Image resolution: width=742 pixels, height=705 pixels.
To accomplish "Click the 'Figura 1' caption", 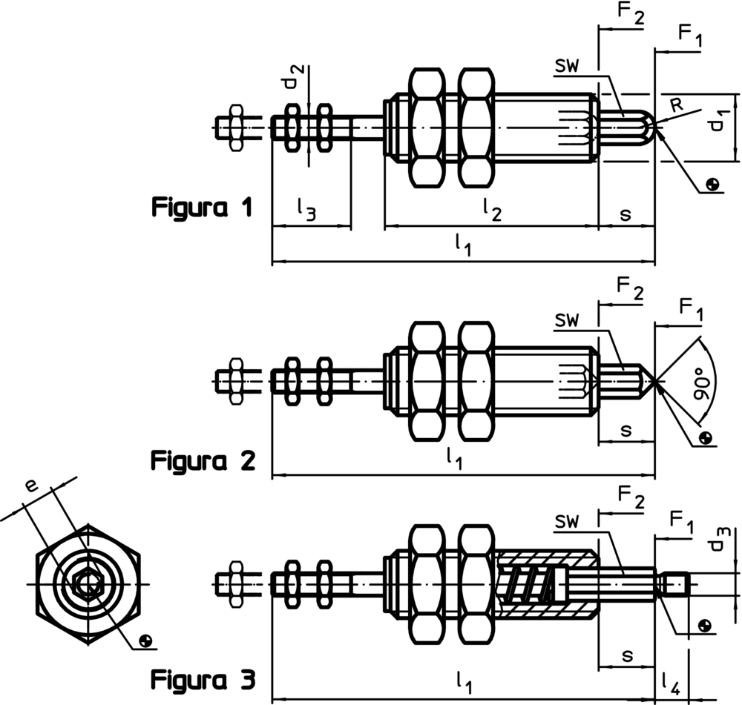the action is [202, 208].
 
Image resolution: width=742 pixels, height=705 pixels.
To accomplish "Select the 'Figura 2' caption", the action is [203, 460].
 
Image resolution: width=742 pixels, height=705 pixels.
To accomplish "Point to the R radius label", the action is [677, 105].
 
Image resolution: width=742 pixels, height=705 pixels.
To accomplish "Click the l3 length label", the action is [306, 209].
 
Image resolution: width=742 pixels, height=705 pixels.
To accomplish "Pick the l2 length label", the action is [492, 209].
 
